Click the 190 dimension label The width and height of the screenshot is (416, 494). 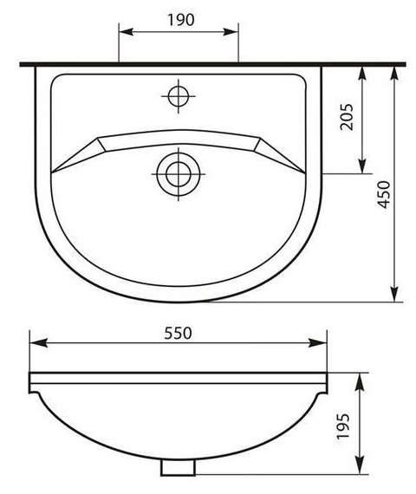(181, 20)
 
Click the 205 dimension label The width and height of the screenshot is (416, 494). (347, 117)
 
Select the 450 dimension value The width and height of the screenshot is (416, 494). (384, 194)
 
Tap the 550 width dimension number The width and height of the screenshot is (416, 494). (178, 334)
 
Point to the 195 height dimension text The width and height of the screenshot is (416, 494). (343, 426)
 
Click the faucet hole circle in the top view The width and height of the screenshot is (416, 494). (179, 96)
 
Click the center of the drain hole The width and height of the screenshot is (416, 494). (179, 173)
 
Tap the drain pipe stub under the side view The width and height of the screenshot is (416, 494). (178, 467)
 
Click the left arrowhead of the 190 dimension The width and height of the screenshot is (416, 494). (126, 31)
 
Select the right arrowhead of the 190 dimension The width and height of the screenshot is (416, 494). (231, 31)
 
